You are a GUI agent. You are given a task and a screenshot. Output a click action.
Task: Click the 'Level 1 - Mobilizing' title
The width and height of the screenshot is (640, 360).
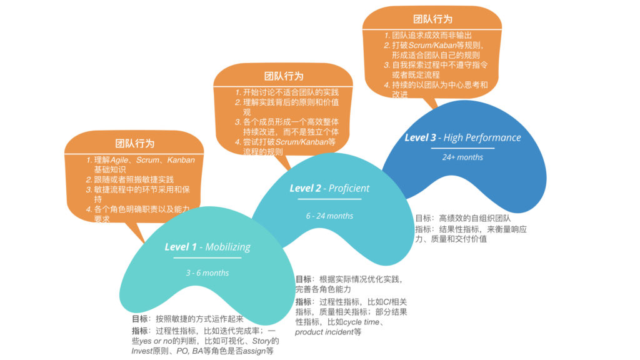(x=207, y=247)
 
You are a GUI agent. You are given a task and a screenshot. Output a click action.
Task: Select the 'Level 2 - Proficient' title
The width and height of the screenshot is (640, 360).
(x=329, y=188)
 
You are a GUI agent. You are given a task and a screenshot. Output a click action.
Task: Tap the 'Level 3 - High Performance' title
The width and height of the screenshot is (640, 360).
(x=462, y=137)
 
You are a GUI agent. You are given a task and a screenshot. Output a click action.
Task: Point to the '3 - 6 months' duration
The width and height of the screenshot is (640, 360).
(x=207, y=273)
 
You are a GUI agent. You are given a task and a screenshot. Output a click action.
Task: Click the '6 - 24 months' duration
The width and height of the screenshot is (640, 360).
(x=329, y=216)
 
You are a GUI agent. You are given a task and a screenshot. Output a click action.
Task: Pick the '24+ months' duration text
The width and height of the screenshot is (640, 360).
(x=462, y=157)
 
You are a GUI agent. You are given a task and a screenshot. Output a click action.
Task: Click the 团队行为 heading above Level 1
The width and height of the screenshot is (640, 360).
(x=134, y=144)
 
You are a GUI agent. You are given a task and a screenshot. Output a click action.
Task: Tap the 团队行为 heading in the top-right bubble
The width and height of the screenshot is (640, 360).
(x=432, y=20)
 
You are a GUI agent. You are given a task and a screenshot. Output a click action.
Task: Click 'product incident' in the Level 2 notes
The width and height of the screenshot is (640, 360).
(x=324, y=332)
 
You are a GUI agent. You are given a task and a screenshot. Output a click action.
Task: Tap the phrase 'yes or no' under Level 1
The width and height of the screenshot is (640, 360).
(x=153, y=341)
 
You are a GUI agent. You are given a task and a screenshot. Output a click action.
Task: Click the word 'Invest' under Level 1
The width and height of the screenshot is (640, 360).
(x=142, y=351)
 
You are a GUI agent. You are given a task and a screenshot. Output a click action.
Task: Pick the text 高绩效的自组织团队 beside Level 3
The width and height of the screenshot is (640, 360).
(x=474, y=219)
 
